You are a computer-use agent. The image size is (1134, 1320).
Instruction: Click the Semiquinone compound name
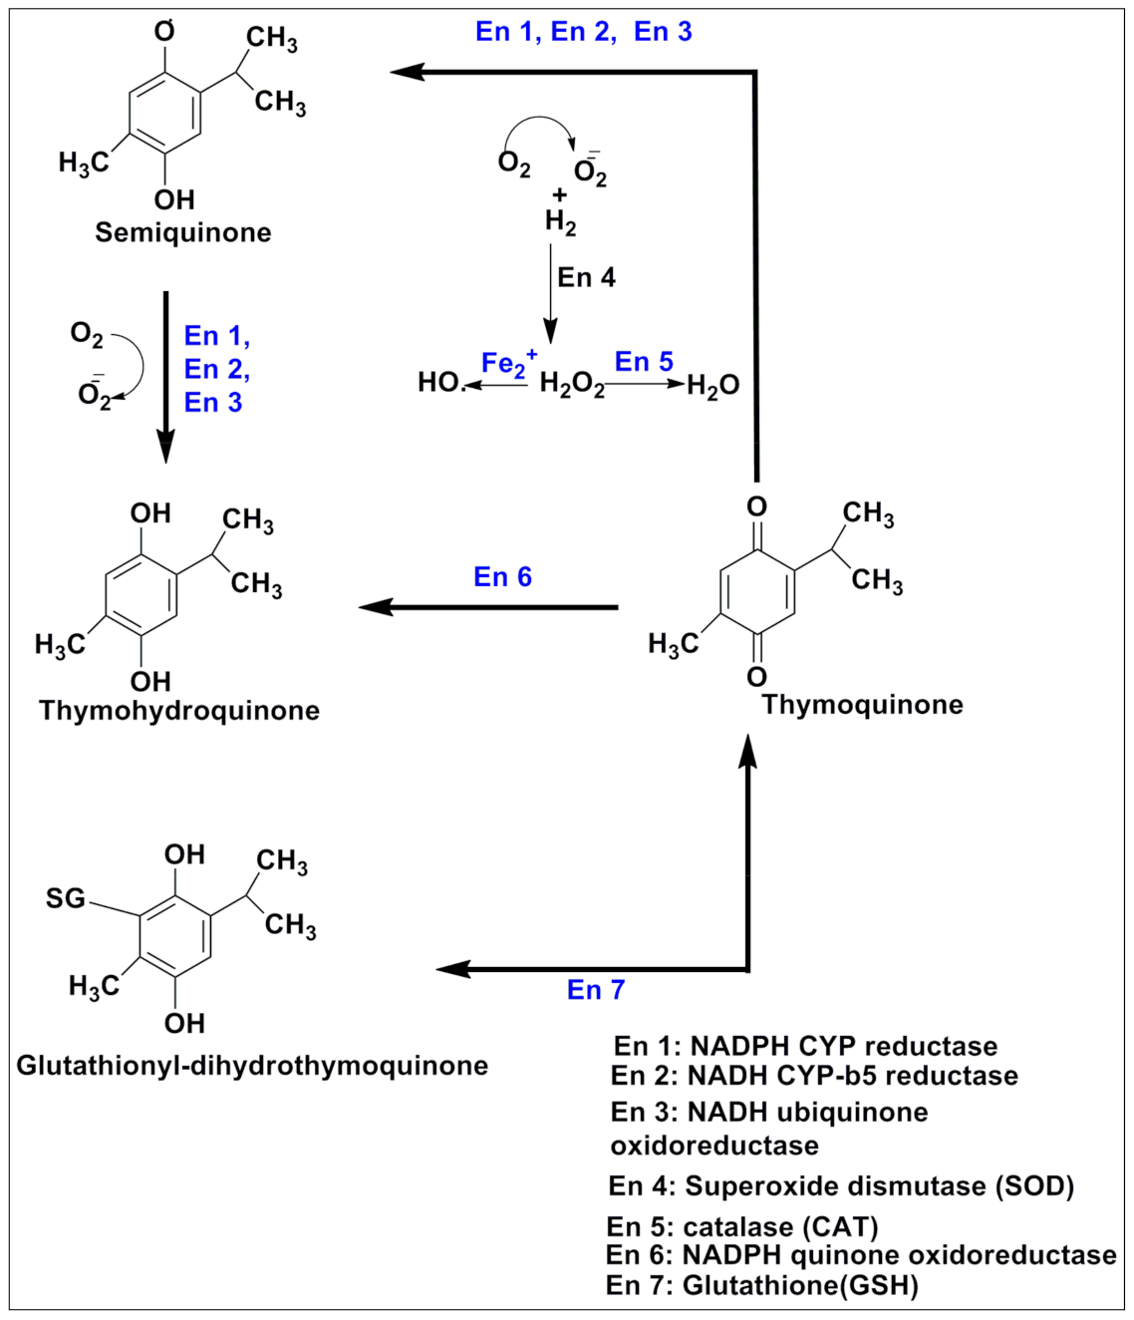click(x=182, y=232)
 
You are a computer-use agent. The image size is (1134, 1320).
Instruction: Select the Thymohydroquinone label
click(x=179, y=710)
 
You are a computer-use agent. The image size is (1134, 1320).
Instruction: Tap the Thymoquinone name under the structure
click(x=862, y=705)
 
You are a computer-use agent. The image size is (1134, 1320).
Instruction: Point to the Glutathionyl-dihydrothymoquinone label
click(x=252, y=1065)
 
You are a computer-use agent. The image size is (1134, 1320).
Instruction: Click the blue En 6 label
click(x=502, y=577)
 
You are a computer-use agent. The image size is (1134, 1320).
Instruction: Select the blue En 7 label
click(x=595, y=989)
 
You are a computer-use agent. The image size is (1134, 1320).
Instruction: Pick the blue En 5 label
click(x=644, y=361)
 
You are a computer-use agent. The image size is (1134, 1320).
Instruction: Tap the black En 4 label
click(x=586, y=277)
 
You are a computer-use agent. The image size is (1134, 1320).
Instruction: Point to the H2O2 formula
click(x=571, y=385)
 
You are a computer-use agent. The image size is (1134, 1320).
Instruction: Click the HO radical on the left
click(x=439, y=383)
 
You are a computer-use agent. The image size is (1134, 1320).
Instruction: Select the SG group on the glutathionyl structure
click(x=66, y=898)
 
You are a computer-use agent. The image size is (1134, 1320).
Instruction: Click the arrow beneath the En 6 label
click(x=488, y=607)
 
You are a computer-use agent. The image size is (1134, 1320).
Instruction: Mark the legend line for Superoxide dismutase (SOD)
click(x=841, y=1186)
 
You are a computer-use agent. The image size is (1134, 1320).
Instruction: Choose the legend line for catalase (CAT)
click(x=741, y=1226)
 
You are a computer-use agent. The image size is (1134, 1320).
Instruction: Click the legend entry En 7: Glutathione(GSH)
click(x=761, y=1285)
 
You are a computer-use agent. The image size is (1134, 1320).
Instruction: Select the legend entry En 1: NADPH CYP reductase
click(x=805, y=1046)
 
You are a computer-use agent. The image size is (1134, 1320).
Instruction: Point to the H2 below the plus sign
click(x=560, y=221)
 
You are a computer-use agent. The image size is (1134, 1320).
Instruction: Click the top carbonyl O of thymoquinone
click(x=756, y=506)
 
